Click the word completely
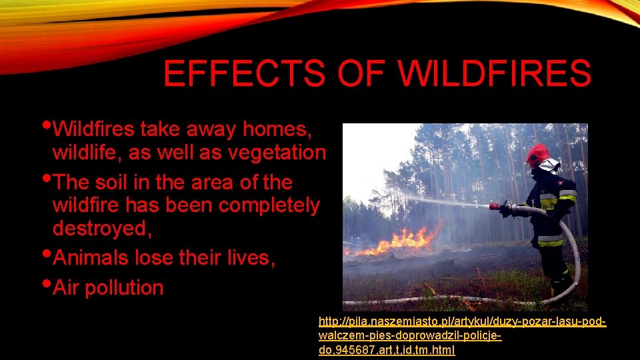point(269,205)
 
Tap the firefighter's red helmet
point(537,155)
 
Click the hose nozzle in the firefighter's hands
point(497,207)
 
